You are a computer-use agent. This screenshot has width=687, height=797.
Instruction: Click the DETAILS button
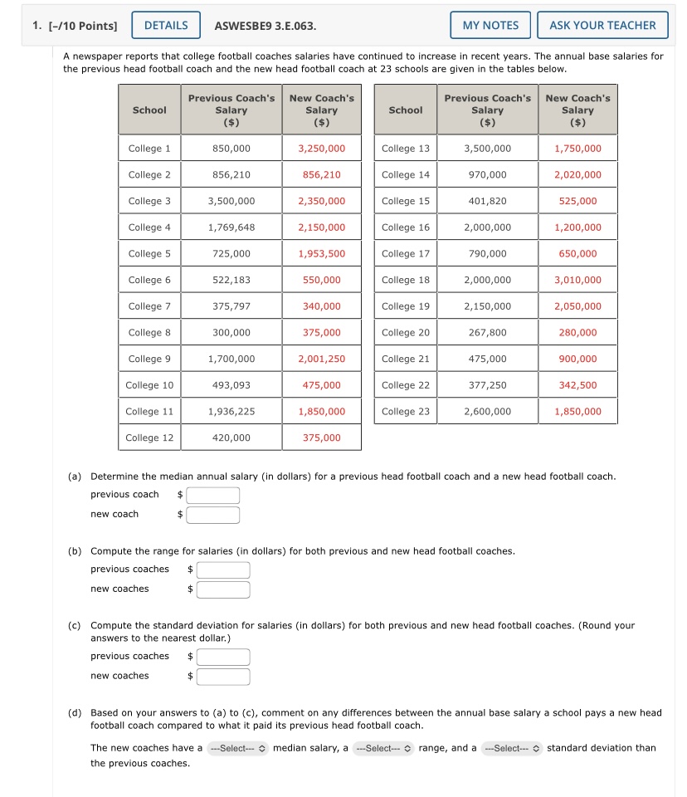click(x=166, y=25)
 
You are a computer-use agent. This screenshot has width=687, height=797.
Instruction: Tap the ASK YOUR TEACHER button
click(x=602, y=25)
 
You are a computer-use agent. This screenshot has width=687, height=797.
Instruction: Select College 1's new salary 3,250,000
click(x=321, y=149)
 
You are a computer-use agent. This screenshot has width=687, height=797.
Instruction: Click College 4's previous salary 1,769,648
click(x=231, y=227)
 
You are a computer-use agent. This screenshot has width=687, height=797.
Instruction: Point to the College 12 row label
click(x=149, y=438)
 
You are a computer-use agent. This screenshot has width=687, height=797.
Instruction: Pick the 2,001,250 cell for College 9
click(x=321, y=359)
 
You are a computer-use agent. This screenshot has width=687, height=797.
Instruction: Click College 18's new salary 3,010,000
click(x=577, y=280)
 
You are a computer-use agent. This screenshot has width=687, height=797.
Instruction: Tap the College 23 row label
click(x=406, y=411)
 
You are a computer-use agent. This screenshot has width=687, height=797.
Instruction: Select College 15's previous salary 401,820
click(x=487, y=201)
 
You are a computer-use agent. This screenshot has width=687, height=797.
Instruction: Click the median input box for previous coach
click(x=213, y=496)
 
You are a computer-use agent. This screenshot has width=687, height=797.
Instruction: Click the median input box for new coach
click(x=213, y=516)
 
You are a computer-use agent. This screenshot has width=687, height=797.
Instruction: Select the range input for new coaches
click(x=223, y=589)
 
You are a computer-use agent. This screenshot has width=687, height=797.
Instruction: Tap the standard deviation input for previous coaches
click(x=223, y=657)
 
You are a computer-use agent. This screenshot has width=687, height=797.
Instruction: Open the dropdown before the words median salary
click(x=238, y=748)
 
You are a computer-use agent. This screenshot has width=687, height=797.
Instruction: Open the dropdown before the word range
click(x=382, y=748)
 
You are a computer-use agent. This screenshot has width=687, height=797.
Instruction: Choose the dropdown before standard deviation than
click(x=511, y=748)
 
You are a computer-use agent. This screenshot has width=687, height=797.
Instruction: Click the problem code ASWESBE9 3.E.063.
click(x=265, y=25)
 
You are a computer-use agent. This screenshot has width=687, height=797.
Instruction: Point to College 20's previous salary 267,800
click(x=487, y=332)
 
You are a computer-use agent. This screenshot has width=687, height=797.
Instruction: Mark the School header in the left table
click(x=149, y=110)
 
